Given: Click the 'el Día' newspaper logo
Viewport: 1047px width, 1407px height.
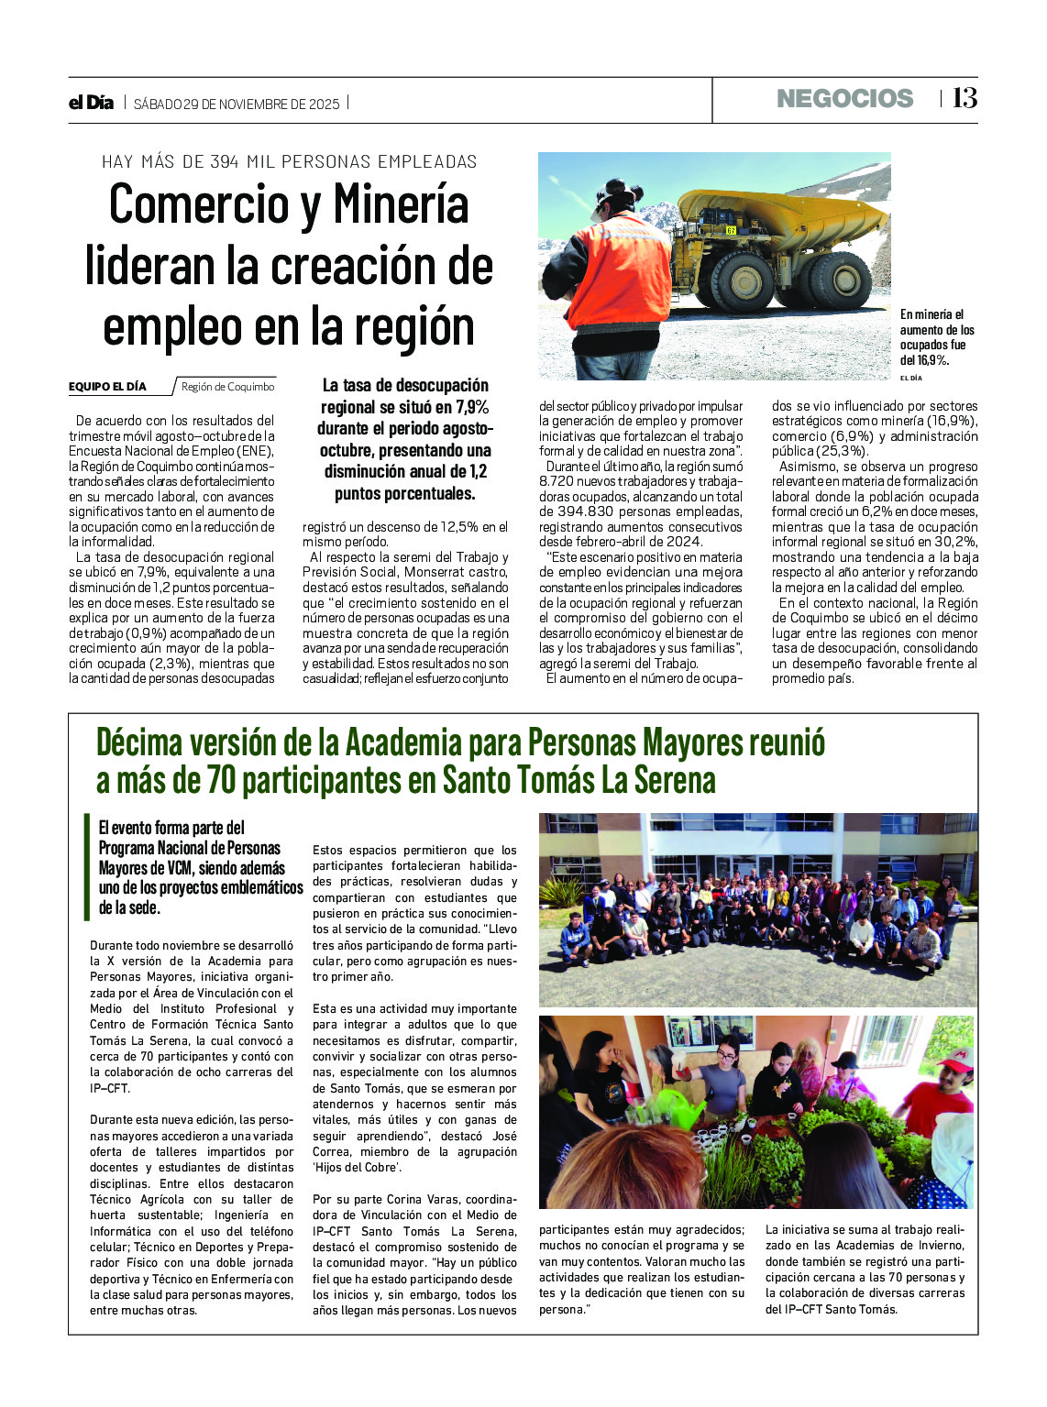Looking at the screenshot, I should [91, 103].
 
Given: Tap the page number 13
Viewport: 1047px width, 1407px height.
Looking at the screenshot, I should [964, 98].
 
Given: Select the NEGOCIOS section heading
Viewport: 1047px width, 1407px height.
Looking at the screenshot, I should [844, 99].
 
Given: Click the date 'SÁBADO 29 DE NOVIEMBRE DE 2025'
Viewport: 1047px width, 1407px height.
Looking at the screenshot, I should [237, 104].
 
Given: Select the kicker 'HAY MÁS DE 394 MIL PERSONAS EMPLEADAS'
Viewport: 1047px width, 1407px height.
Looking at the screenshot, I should [289, 162].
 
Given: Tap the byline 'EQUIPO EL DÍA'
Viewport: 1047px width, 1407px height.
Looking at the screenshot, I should [107, 387].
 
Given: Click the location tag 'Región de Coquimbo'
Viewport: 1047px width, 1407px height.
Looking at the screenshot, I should [227, 387].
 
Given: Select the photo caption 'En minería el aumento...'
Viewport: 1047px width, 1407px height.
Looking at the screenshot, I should [937, 337].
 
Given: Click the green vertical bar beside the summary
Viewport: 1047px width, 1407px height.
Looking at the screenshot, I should [86, 866].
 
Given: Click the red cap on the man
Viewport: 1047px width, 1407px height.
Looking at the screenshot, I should [954, 1060].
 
